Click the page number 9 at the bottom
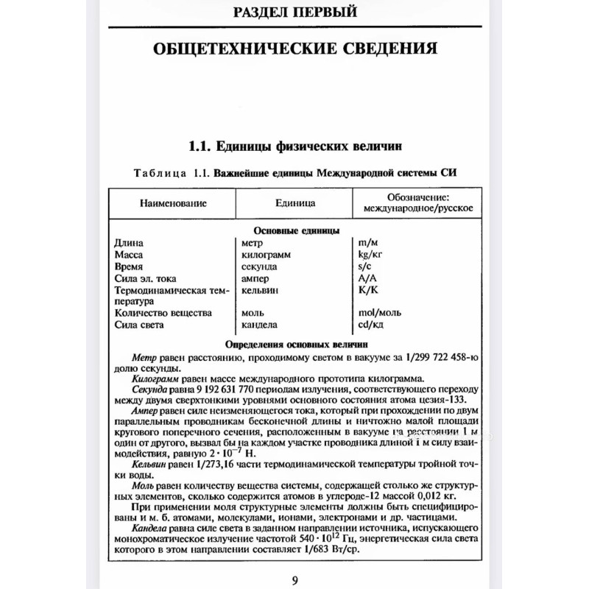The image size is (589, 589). (294, 579)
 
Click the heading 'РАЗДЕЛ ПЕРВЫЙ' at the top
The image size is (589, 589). (294, 12)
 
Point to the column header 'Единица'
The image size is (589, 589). (295, 202)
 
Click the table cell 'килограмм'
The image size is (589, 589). (269, 253)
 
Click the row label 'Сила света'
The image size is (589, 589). (141, 325)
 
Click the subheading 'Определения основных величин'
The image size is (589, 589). (294, 344)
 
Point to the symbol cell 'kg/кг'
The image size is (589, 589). (372, 254)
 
